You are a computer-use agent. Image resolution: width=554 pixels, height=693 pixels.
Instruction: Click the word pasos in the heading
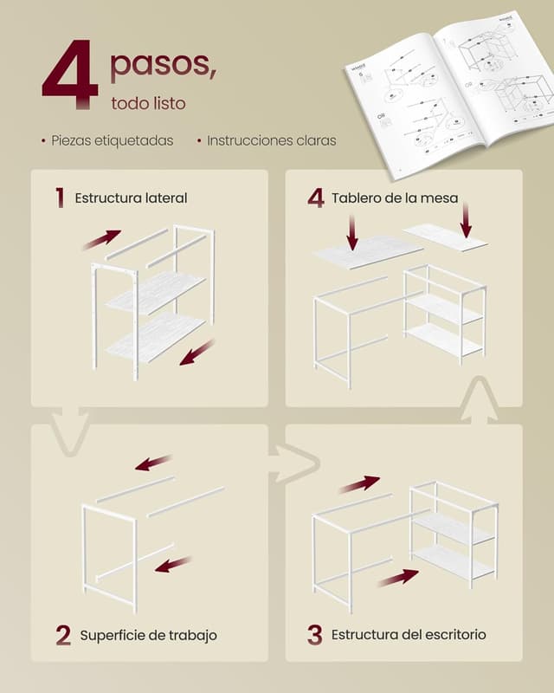pyautogui.click(x=163, y=64)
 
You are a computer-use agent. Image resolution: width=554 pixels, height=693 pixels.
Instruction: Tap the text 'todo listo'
pyautogui.click(x=148, y=103)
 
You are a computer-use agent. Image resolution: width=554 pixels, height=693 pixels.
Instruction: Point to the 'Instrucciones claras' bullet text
pyautogui.click(x=271, y=140)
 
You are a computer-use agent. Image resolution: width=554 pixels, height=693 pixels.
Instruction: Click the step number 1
pyautogui.click(x=60, y=198)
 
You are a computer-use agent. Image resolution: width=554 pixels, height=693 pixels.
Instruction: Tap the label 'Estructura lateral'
pyautogui.click(x=131, y=198)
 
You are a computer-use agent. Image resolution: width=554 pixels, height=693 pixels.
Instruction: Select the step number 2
pyautogui.click(x=62, y=635)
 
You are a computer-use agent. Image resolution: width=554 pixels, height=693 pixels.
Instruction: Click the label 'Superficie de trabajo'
pyautogui.click(x=148, y=635)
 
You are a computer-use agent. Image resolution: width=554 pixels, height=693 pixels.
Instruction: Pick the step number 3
pyautogui.click(x=314, y=635)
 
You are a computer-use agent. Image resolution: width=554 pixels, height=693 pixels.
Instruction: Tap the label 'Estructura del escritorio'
pyautogui.click(x=409, y=635)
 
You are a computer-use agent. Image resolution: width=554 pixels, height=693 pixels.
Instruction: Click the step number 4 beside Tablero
pyautogui.click(x=316, y=198)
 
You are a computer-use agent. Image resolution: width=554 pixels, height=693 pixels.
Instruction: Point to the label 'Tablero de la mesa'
pyautogui.click(x=395, y=198)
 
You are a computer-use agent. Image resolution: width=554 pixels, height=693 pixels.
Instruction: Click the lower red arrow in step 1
pyautogui.click(x=196, y=353)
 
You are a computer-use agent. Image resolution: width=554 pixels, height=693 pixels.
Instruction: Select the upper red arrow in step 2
pyautogui.click(x=153, y=463)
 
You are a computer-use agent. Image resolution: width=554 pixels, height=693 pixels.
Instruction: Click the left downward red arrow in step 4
pyautogui.click(x=352, y=230)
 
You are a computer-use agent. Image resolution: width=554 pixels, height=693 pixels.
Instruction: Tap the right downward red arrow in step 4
pyautogui.click(x=466, y=220)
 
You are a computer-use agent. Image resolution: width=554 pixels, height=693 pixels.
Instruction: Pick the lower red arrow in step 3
pyautogui.click(x=397, y=577)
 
